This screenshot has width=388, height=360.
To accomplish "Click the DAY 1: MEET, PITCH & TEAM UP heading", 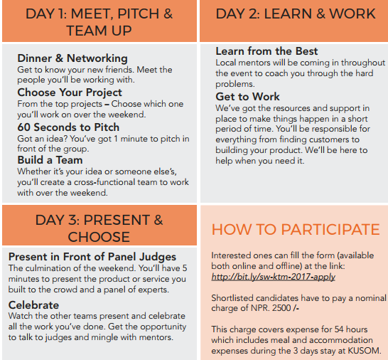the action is pos(99,22).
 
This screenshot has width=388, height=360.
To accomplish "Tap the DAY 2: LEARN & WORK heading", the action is pos(296,14).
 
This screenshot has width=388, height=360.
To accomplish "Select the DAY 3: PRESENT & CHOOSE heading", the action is pos(99,228).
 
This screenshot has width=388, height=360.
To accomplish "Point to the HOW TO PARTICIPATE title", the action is pos(296,229).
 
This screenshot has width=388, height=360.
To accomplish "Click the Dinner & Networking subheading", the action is pos(72,58).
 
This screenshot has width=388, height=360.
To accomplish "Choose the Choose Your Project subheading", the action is pos(70,92).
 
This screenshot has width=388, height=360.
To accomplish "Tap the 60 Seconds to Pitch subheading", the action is pos(68,127).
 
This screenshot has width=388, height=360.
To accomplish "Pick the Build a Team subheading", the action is pos(50,160).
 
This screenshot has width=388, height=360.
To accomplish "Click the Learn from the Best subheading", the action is pos(266,51).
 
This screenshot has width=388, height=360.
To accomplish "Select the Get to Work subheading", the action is pos(247,97).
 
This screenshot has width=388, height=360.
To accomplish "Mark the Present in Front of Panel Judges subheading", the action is pos(92,257).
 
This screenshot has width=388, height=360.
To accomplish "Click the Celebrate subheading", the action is pos(33,305).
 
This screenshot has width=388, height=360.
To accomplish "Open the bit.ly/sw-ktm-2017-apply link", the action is pos(274,277).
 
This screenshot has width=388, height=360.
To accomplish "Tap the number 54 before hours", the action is pos(339,329).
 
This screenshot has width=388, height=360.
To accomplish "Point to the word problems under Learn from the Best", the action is pos(235,84).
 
